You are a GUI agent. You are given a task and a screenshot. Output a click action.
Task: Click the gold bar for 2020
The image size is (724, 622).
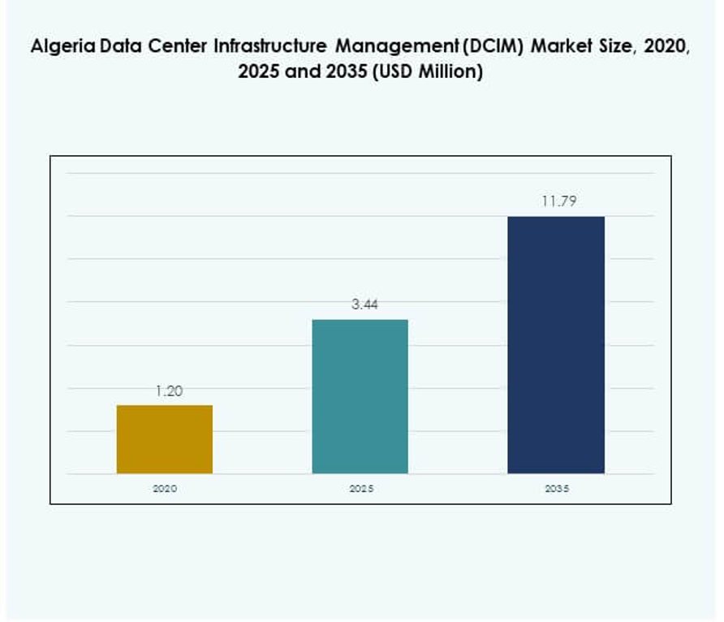165,439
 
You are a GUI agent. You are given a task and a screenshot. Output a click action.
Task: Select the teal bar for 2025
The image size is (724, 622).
360,396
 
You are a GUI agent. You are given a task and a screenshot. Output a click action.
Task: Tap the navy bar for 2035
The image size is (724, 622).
556,344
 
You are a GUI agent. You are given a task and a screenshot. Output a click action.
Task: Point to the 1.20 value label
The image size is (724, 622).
169,391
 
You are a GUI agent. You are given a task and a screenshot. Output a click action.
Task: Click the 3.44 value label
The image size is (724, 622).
364,305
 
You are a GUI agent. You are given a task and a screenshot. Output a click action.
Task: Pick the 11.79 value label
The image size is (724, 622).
559,201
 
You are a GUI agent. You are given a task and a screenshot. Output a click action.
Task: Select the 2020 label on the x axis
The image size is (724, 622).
165,489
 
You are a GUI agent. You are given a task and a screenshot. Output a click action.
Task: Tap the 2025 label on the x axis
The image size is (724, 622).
361,489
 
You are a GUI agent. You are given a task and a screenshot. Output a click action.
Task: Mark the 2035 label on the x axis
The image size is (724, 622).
556,489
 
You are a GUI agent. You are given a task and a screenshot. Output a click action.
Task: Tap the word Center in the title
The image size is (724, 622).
179,46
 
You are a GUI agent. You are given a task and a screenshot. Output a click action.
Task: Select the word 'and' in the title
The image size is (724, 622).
303,72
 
